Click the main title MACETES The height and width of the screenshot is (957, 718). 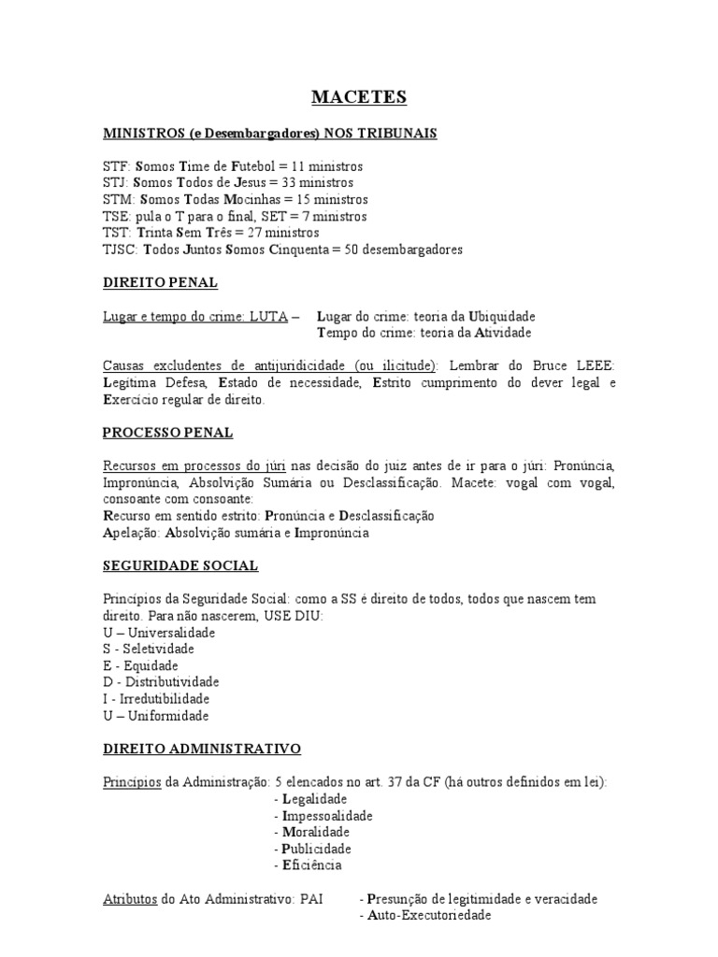[359, 97]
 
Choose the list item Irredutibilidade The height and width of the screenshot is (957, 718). [163, 698]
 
